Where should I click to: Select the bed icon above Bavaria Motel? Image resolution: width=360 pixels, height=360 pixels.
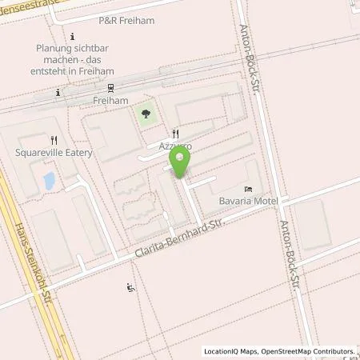[x=248, y=187]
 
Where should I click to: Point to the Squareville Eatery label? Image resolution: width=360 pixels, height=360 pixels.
[x=54, y=152]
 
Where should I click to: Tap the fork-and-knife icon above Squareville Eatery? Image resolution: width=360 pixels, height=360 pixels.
[x=54, y=140]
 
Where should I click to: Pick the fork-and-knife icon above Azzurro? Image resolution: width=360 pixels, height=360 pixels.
[x=176, y=134]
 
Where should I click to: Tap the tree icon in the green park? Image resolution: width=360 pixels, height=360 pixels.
[x=145, y=116]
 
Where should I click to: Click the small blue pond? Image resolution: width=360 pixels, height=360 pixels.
[x=47, y=182]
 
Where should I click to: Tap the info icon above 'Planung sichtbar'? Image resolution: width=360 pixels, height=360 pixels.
[x=73, y=36]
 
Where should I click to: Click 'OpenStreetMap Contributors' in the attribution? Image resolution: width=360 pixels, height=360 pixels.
[x=310, y=351]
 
